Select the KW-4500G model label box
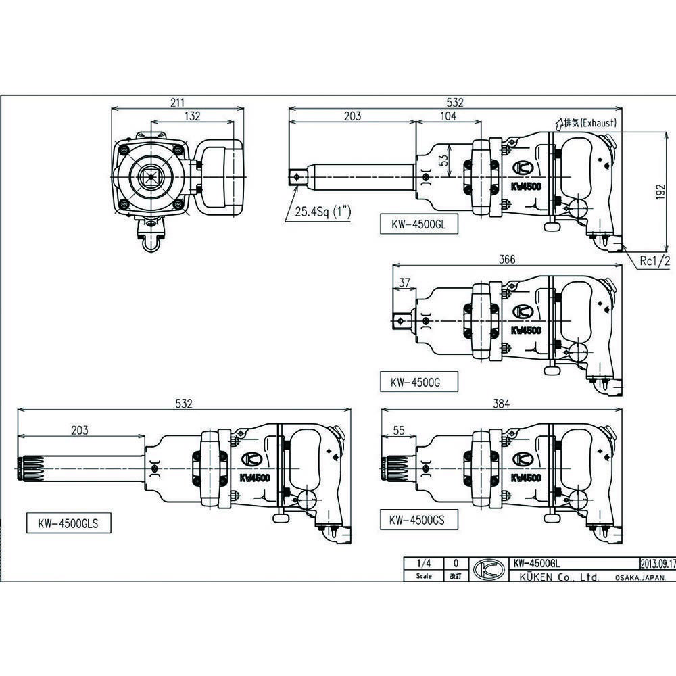[x=415, y=381]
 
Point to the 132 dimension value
[x=192, y=116]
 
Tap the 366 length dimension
[x=507, y=260]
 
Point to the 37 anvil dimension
[x=404, y=283]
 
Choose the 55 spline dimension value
[x=399, y=430]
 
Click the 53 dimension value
[x=444, y=161]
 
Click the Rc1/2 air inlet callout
[x=655, y=260]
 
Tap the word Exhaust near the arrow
[x=596, y=123]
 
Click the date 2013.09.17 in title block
[x=656, y=562]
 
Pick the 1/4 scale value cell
[x=424, y=562]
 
